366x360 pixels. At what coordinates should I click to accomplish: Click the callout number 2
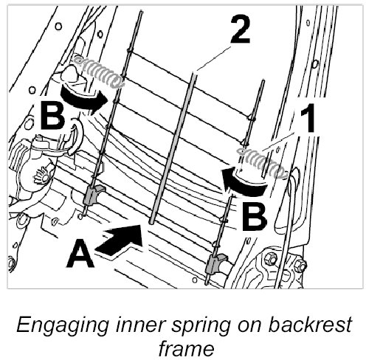pos(241,30)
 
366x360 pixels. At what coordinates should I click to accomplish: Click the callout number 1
pos(308,118)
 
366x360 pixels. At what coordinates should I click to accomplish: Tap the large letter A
pos(80,253)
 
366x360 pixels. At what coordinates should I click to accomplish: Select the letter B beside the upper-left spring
pos(52,116)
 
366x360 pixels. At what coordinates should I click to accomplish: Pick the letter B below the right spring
pos(255,217)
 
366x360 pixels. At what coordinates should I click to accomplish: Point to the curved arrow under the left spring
pos(83,98)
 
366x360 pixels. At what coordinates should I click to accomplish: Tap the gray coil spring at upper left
pos(100,72)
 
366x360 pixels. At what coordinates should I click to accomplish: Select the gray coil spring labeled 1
pos(262,163)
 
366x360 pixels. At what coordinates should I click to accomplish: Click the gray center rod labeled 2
pos(173,148)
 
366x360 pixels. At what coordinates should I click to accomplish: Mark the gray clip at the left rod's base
pos(93,195)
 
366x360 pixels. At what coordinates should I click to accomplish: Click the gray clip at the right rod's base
pos(216,263)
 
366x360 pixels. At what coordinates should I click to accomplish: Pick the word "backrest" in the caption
pos(309,324)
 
